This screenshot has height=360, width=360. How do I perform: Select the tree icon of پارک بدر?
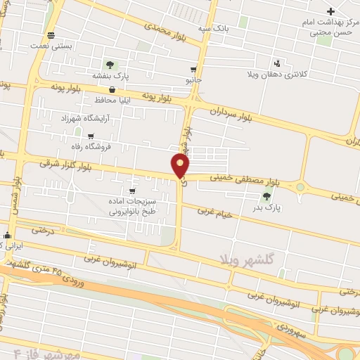pyautogui.click(x=266, y=197)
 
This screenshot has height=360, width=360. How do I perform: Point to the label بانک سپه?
pyautogui.click(x=214, y=28)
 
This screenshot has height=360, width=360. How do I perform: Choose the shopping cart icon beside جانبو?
pyautogui.click(x=193, y=70)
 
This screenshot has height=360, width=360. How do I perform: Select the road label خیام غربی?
pyautogui.click(x=214, y=211)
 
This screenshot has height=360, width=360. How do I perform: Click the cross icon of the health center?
pyautogui.click(x=331, y=11)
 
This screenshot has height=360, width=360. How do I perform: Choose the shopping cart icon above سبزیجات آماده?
pyautogui.click(x=131, y=190)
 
